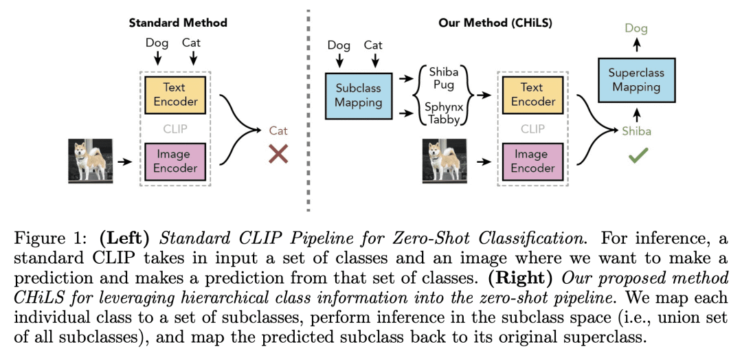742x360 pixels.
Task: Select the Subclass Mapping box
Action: click(x=358, y=95)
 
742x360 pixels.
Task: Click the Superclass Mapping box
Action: click(x=636, y=80)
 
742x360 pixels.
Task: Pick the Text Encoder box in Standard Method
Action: click(x=175, y=95)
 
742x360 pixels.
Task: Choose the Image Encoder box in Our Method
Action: click(x=532, y=161)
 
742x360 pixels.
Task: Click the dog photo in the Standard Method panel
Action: click(x=90, y=161)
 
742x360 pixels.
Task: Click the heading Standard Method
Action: click(x=178, y=23)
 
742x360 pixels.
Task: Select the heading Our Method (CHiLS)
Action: click(x=495, y=23)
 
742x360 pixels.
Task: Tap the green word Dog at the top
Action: click(x=636, y=29)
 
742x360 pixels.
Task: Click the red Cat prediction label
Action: click(x=278, y=131)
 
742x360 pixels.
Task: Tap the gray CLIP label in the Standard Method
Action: click(x=175, y=128)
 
